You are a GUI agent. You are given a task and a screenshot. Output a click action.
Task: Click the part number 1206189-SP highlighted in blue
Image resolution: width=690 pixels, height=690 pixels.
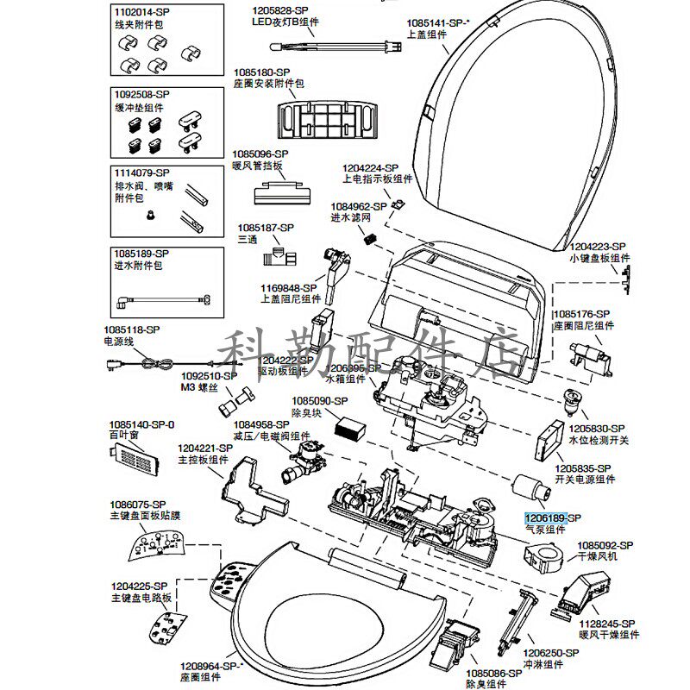[x=545, y=517]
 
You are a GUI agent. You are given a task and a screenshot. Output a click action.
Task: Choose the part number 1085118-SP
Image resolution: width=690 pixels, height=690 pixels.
[x=132, y=329]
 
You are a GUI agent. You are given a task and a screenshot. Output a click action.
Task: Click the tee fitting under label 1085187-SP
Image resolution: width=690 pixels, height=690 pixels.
[x=280, y=255]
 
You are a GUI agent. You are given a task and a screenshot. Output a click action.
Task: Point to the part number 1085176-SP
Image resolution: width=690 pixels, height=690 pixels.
[x=581, y=314]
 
